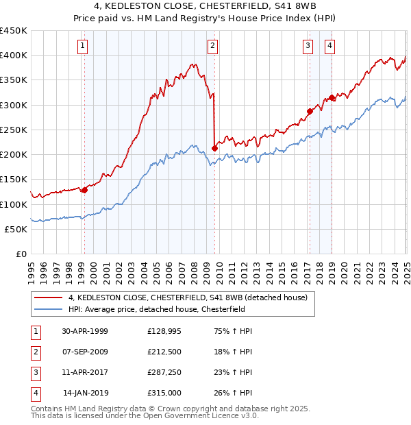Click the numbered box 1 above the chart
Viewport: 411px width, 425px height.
click(x=82, y=46)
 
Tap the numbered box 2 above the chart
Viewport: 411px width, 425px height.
click(x=213, y=46)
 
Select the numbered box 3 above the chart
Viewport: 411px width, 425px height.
click(x=308, y=46)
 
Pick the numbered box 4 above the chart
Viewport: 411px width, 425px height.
click(x=330, y=46)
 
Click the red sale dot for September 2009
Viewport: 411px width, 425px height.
click(x=215, y=148)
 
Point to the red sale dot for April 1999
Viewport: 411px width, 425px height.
click(x=84, y=190)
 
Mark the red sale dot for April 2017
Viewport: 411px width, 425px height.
click(x=310, y=111)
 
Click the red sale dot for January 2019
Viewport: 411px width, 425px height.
click(x=332, y=97)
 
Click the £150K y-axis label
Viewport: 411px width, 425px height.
click(x=14, y=180)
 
